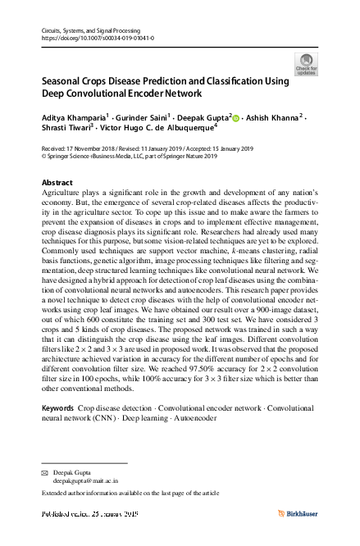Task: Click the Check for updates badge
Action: tap(306, 62)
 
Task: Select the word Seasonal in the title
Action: tap(63, 82)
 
